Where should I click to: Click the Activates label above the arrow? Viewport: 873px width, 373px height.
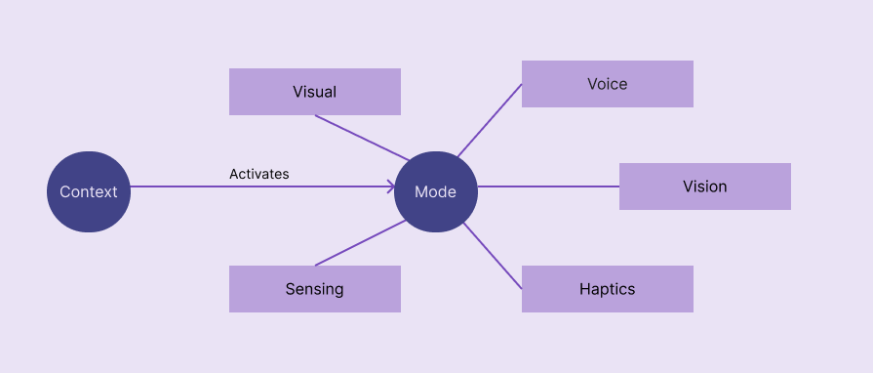259,174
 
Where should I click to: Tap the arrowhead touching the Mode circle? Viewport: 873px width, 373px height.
390,186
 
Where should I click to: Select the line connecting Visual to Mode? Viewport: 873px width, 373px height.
361,138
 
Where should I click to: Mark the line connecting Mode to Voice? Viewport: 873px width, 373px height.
489,120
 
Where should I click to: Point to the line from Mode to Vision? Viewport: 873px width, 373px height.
548,186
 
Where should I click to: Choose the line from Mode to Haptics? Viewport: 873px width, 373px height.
493,256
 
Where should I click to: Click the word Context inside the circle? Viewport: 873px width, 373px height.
88,191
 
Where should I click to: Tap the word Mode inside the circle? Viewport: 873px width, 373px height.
435,191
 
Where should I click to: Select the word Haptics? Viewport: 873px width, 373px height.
607,289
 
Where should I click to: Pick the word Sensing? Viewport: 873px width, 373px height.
314,289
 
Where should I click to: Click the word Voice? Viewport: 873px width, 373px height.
607,84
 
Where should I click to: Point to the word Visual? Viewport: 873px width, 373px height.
314,92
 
